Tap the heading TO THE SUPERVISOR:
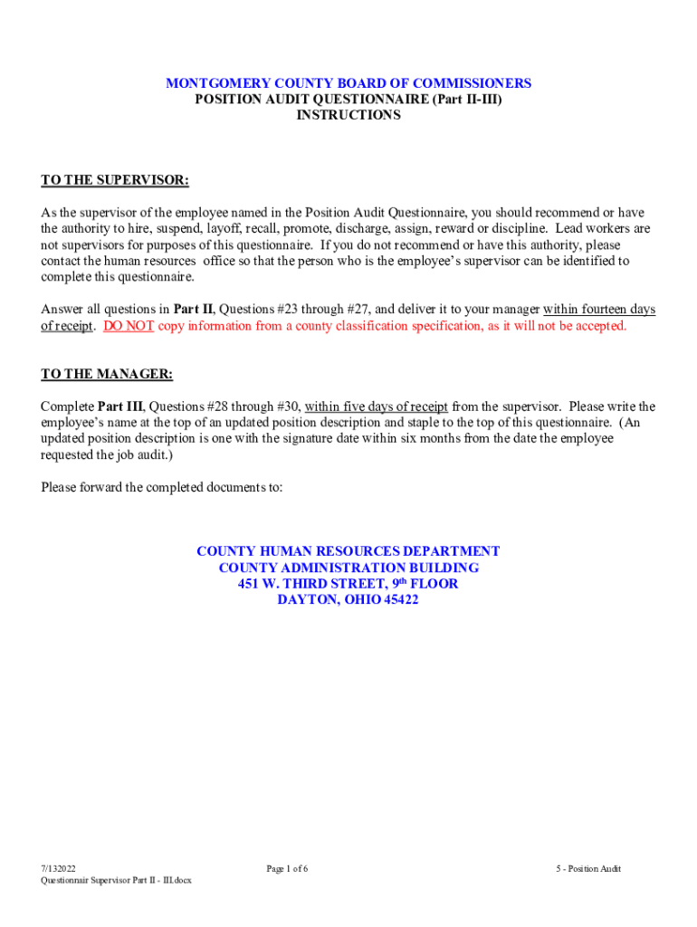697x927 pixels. click(x=115, y=180)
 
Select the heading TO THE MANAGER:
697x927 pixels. click(x=107, y=374)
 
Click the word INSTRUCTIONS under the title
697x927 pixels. click(x=348, y=116)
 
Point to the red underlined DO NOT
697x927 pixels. click(x=129, y=326)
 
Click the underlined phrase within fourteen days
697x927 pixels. click(x=599, y=310)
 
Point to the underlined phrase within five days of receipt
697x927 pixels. click(x=376, y=406)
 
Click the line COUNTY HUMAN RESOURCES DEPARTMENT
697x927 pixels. click(x=348, y=551)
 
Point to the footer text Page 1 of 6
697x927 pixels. click(x=287, y=869)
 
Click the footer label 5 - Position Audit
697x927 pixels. click(x=588, y=869)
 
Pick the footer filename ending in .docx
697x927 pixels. click(x=116, y=881)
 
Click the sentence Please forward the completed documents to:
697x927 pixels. click(x=162, y=487)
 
